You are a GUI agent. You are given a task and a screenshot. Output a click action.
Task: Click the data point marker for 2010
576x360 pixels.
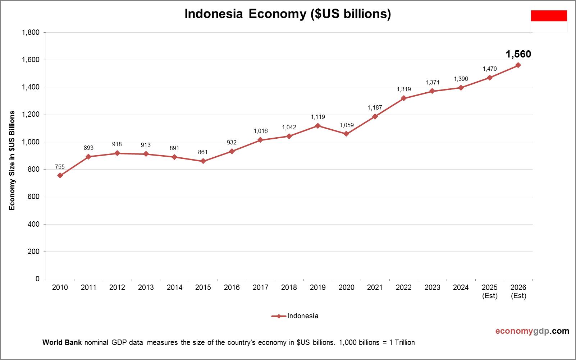[60, 175]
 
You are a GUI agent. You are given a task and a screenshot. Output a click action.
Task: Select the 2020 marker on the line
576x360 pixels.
[346, 134]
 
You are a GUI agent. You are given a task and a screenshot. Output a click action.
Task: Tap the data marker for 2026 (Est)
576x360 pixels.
[518, 65]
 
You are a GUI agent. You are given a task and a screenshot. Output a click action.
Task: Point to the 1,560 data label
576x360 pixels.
[518, 54]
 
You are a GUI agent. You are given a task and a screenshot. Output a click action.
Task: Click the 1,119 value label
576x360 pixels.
[318, 117]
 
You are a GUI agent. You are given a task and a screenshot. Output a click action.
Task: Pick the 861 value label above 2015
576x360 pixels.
[203, 152]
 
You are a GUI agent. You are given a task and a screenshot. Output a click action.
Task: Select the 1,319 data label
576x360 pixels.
[404, 89]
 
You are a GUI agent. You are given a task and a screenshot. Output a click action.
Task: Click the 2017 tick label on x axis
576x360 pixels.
[260, 287]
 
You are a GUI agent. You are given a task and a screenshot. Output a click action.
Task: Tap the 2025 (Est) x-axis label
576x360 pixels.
[490, 291]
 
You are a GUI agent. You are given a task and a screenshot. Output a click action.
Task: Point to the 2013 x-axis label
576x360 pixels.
[146, 287]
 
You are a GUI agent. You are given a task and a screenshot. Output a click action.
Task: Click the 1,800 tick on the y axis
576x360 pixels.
[31, 32]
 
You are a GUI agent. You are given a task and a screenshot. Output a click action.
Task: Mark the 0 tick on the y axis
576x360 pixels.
[37, 279]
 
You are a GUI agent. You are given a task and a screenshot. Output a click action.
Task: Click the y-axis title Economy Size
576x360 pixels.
[12, 161]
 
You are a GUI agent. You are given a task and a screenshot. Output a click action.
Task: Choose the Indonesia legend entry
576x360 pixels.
[295, 316]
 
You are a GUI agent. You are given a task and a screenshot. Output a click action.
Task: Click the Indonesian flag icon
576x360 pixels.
[549, 21]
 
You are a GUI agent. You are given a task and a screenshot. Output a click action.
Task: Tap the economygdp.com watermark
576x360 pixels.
[532, 331]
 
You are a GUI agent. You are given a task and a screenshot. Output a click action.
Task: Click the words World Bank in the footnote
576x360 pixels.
[62, 342]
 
